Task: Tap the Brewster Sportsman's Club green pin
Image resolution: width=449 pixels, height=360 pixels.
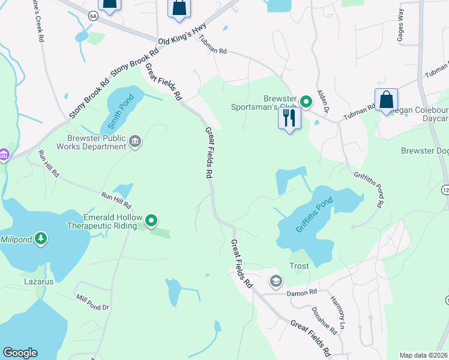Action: coord(306,101)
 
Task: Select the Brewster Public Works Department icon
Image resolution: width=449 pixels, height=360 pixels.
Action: coord(135,142)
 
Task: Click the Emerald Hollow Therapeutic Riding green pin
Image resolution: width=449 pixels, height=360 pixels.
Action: coord(152,221)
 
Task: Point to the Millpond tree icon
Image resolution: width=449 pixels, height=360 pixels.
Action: coord(41,238)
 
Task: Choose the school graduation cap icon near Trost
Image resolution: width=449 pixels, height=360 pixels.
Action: coord(276,281)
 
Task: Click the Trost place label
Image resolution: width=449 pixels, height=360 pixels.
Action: coord(299,266)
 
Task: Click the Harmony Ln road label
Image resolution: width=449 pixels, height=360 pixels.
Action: coord(339,312)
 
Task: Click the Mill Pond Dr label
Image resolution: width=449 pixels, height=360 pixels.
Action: coord(92,302)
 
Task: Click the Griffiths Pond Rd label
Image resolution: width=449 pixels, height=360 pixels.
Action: coord(367,189)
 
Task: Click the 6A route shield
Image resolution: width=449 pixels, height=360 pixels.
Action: coord(93,16)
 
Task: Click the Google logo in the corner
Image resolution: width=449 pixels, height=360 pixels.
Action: coord(20,353)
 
